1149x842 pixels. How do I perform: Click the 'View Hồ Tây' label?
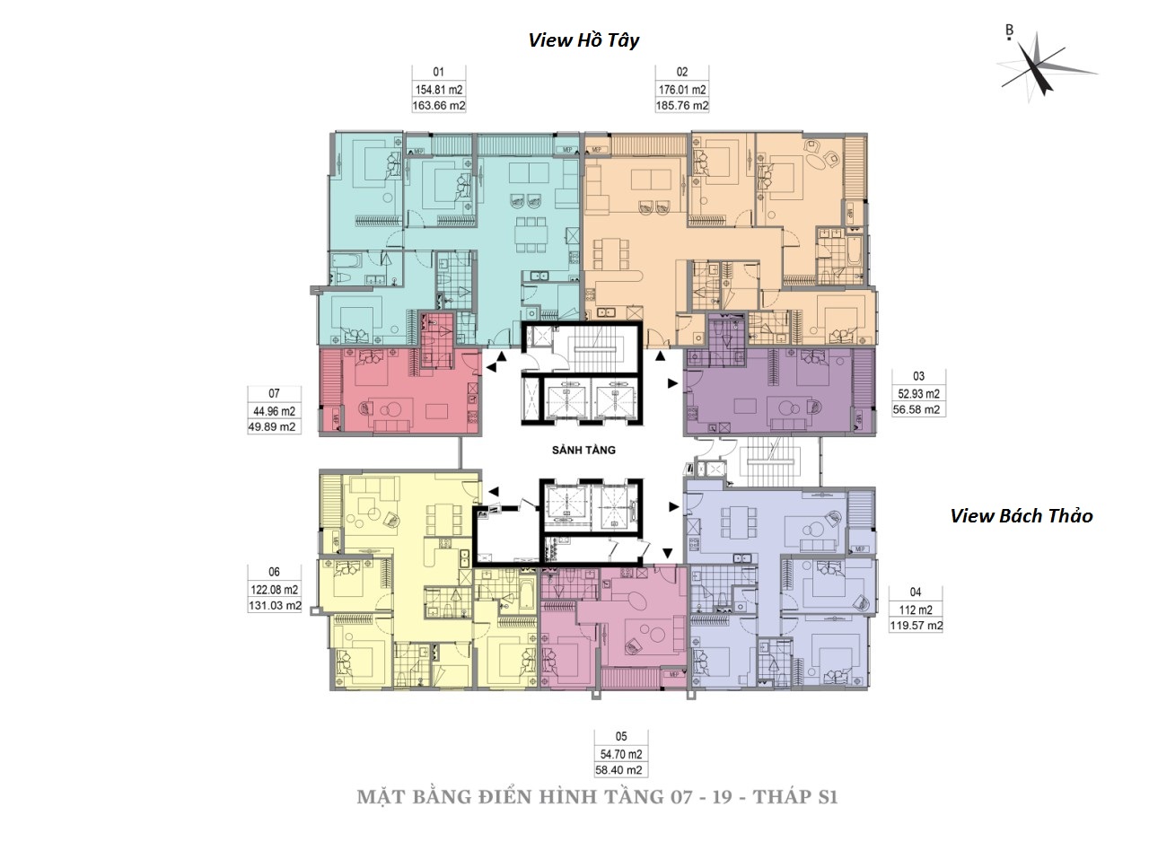click(x=583, y=40)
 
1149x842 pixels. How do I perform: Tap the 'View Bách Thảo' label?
click(x=1022, y=515)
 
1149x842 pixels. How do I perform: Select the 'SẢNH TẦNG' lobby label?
click(x=584, y=451)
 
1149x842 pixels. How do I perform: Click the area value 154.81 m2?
click(x=438, y=90)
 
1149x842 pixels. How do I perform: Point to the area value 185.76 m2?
click(x=682, y=106)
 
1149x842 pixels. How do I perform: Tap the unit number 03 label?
click(x=917, y=377)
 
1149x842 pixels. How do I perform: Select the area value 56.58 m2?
click(x=917, y=409)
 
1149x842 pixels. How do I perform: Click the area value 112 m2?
click(x=916, y=610)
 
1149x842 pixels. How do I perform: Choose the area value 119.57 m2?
click(x=916, y=626)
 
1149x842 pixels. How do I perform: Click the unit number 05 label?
click(x=620, y=737)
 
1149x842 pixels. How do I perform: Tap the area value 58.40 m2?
click(x=620, y=769)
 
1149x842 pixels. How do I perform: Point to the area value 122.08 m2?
click(x=274, y=590)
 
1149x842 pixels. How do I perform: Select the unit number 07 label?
click(x=275, y=393)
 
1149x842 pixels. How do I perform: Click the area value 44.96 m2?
click(x=275, y=411)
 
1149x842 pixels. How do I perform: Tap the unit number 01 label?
click(x=438, y=73)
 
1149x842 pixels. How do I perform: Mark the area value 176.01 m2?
click(x=682, y=90)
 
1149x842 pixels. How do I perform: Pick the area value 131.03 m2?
click(x=274, y=606)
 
